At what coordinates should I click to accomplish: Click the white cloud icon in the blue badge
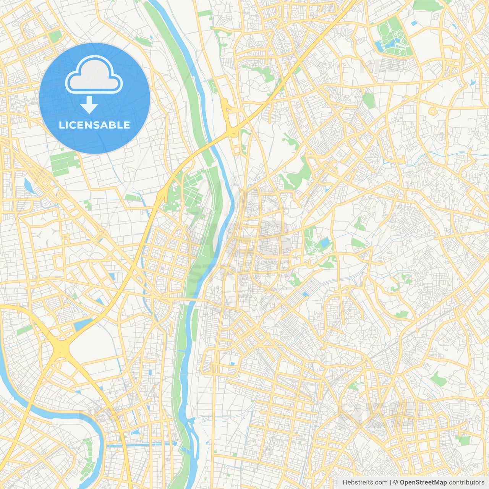click(94, 74)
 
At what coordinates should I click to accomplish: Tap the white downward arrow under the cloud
click(89, 105)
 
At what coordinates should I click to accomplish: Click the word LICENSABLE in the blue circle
click(94, 125)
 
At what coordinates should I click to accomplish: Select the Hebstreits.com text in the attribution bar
click(365, 483)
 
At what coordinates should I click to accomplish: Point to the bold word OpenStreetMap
click(423, 483)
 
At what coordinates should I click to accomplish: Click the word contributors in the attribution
click(466, 483)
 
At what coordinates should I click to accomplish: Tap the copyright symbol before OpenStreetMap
click(396, 483)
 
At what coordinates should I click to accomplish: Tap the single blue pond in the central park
click(325, 243)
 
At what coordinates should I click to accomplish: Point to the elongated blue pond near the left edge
click(28, 185)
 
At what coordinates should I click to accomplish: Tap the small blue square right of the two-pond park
click(415, 24)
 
